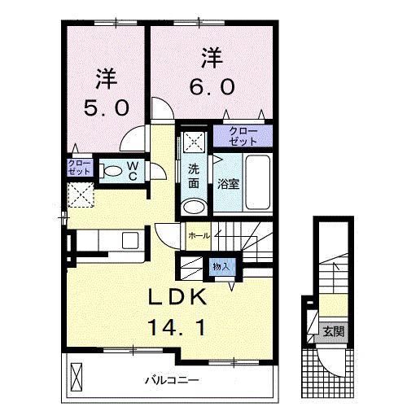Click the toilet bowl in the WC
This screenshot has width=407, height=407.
(108, 171)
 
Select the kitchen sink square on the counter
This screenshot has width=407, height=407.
(129, 241)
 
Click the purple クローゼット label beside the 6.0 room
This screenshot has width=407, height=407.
(243, 136)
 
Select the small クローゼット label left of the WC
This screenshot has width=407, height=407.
(79, 168)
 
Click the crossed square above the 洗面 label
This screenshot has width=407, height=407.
(194, 140)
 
